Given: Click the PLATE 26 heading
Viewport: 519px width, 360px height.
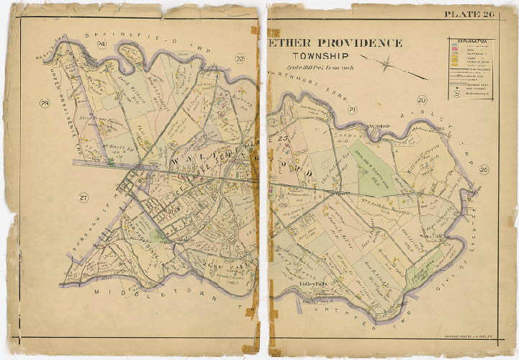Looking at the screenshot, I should pos(469,14).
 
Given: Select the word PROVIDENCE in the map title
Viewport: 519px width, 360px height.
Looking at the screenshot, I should pos(355,42).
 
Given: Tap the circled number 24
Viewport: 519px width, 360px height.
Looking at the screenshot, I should pos(101,45).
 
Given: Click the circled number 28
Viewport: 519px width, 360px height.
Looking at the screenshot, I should pos(45,103).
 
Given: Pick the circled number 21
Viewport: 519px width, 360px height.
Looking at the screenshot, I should pos(351,109).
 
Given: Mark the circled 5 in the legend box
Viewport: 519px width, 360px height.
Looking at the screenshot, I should pos(456,92).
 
